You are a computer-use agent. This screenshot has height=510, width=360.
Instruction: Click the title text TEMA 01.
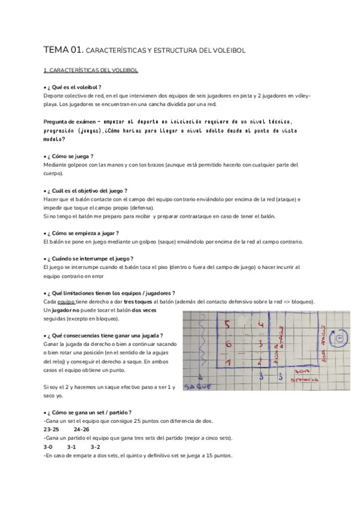[63, 51]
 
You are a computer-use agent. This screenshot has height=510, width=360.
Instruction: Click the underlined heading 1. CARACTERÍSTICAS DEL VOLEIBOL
[91, 70]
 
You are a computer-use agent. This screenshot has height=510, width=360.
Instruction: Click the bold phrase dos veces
[144, 310]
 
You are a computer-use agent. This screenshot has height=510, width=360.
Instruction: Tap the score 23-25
[52, 430]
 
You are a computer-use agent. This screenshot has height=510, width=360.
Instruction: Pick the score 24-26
[82, 430]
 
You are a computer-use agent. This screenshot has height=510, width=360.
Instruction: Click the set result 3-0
[48, 447]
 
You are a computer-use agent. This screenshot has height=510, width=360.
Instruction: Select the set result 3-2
[96, 447]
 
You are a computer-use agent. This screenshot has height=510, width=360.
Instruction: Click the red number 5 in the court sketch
[227, 325]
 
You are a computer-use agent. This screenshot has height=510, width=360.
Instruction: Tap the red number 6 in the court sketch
[227, 345]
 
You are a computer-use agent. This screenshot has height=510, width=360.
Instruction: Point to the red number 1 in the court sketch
[227, 363]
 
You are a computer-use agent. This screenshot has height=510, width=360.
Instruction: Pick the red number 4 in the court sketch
[260, 325]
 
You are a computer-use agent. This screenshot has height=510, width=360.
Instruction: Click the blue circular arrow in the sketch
[340, 338]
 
